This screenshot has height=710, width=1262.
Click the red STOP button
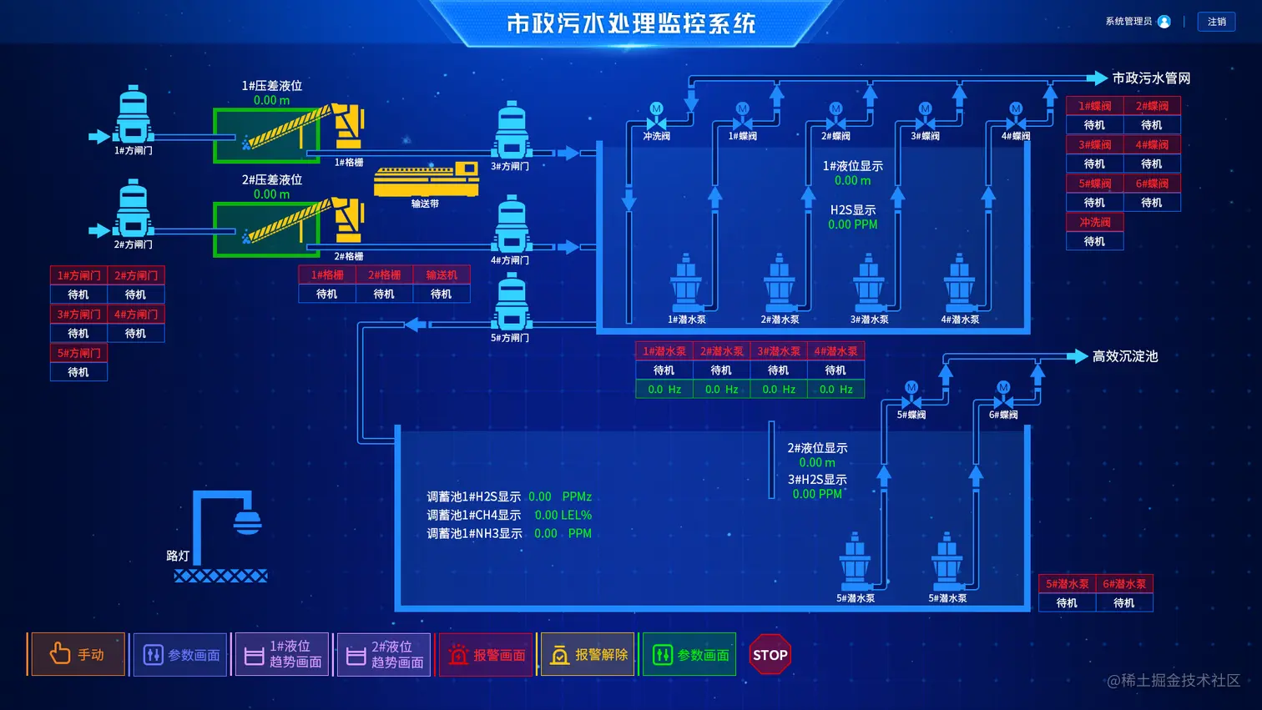770,655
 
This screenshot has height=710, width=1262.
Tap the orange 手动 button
77,654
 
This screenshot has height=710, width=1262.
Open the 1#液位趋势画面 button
283,654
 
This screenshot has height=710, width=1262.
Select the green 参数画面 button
689,654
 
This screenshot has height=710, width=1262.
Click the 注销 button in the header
1216,22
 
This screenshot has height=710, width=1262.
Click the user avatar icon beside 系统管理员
1164,22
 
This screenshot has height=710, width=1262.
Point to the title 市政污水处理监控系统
631,23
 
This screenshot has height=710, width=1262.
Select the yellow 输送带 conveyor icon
426,179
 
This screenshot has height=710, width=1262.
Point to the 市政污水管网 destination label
1151,78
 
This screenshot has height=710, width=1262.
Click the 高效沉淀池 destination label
1125,356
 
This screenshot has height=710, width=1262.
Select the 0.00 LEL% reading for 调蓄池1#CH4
563,516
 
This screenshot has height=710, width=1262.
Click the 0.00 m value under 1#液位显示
852,180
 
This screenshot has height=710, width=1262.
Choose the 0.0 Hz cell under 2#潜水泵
721,390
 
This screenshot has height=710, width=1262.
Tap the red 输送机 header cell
441,274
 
